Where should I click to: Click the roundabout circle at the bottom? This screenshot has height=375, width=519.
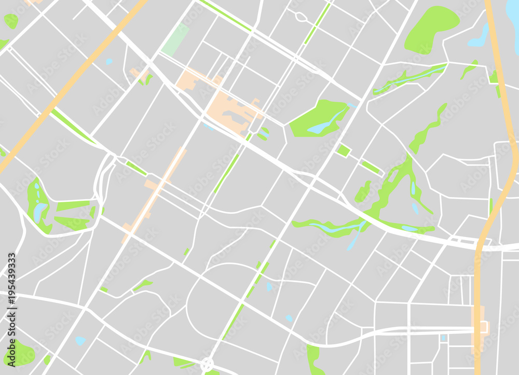point(207,364)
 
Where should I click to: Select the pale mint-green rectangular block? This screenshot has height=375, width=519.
point(175,39)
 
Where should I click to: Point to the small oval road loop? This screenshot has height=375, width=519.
point(301,17)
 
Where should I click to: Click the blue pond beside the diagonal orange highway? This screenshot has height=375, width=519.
point(109,62)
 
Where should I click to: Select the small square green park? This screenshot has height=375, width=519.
point(343,150)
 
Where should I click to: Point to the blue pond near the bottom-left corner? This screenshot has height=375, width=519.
point(80,341)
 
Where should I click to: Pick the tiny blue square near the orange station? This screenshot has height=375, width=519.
point(443,338)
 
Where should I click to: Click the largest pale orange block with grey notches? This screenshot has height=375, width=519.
point(228,112)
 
